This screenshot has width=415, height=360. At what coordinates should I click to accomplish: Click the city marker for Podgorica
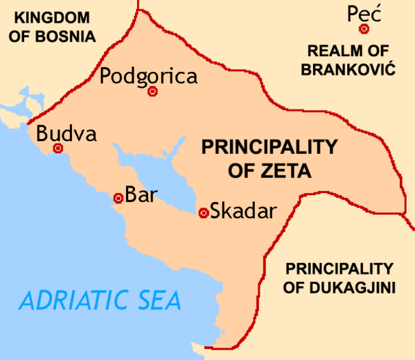(x=153, y=91)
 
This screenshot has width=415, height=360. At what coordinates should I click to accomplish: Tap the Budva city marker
(x=58, y=148)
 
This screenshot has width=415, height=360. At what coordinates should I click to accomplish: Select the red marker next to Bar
(x=118, y=198)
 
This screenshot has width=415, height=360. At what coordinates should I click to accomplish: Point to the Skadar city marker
(x=203, y=213)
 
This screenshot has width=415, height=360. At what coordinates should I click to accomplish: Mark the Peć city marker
(x=364, y=29)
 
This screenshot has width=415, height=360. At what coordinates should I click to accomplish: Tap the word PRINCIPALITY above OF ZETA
(x=269, y=147)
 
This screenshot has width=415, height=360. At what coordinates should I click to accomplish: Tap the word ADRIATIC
(x=71, y=300)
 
